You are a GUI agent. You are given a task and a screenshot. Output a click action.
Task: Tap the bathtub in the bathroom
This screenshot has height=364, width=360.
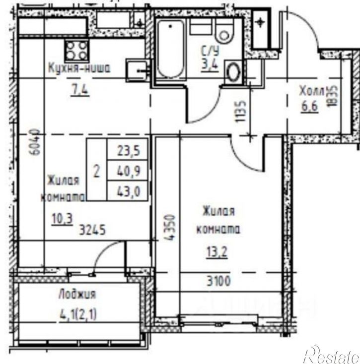[170, 50]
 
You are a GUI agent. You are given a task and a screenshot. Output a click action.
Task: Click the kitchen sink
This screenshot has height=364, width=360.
[136, 70]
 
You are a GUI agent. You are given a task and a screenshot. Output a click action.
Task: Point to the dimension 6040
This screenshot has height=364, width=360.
[34, 143]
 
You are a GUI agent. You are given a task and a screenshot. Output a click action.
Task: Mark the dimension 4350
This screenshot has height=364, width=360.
[169, 228]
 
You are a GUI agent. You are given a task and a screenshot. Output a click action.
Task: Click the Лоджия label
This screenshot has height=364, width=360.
[77, 294]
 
